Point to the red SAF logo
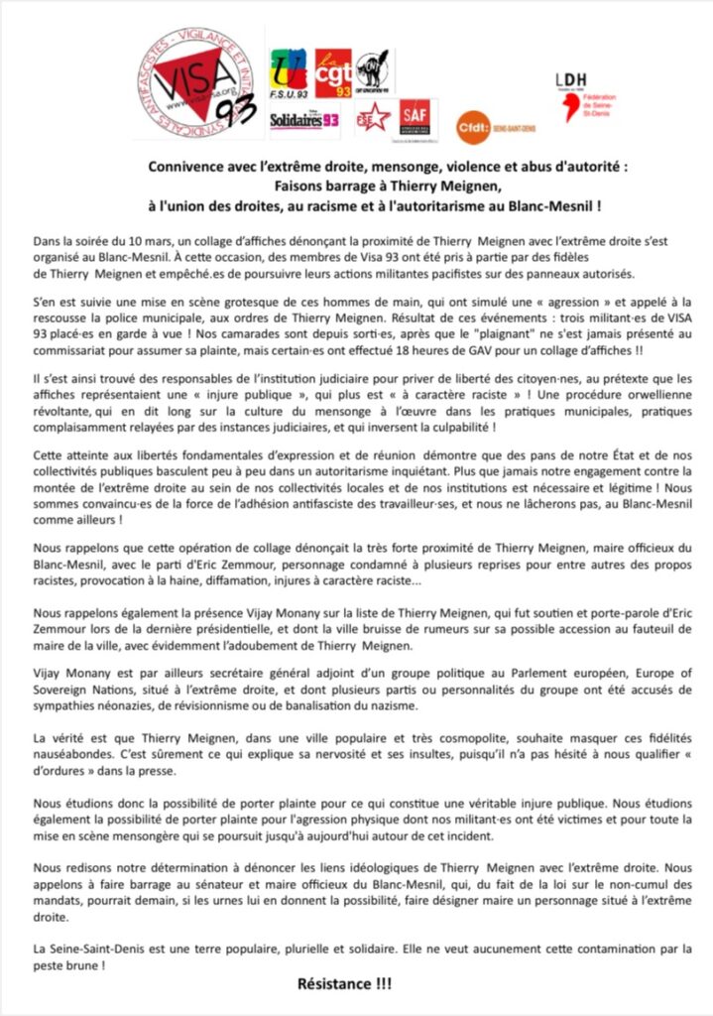(416, 117)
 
